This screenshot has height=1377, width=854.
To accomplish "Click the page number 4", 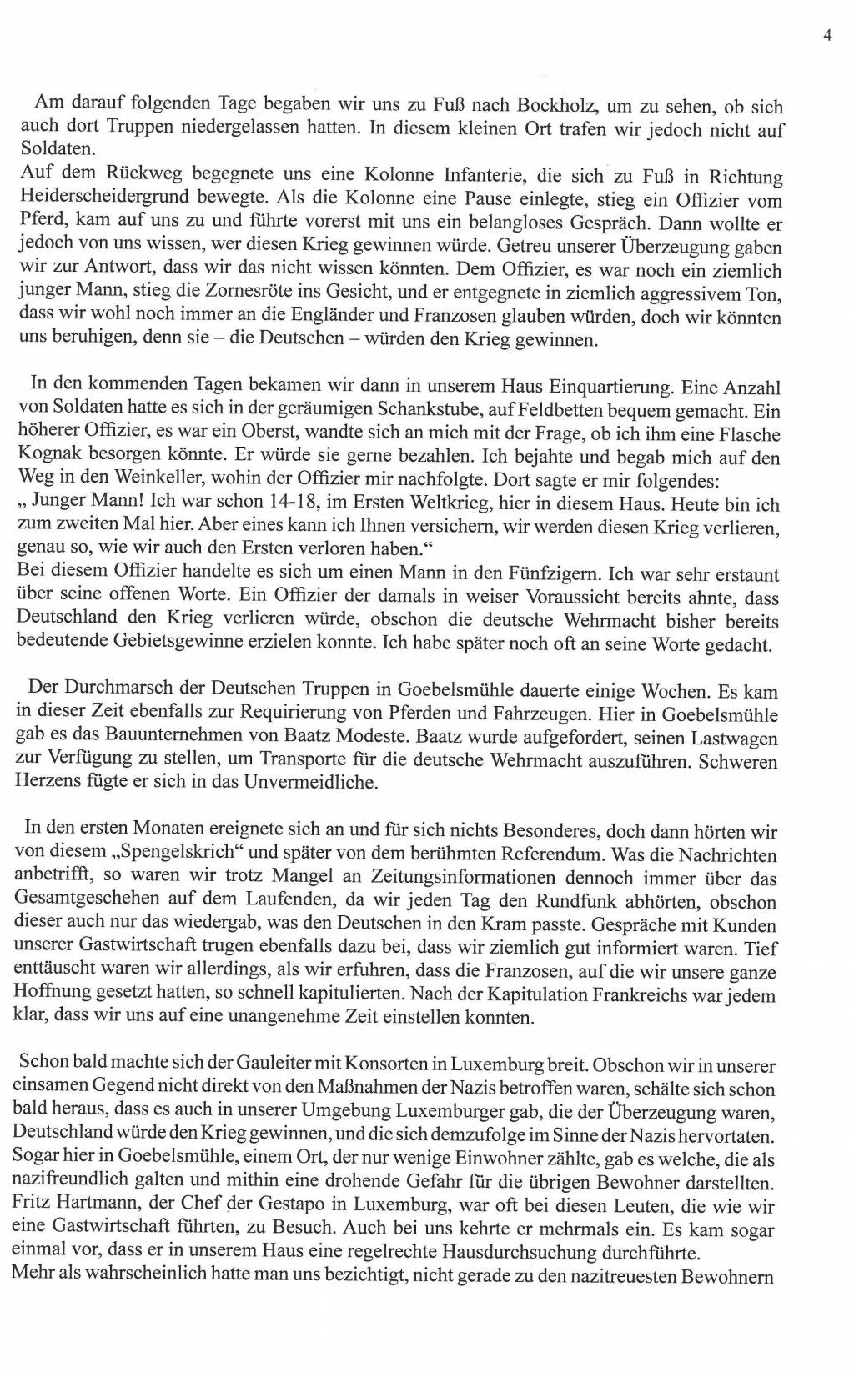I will (827, 35).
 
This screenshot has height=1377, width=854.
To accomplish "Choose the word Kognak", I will (46, 458).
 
